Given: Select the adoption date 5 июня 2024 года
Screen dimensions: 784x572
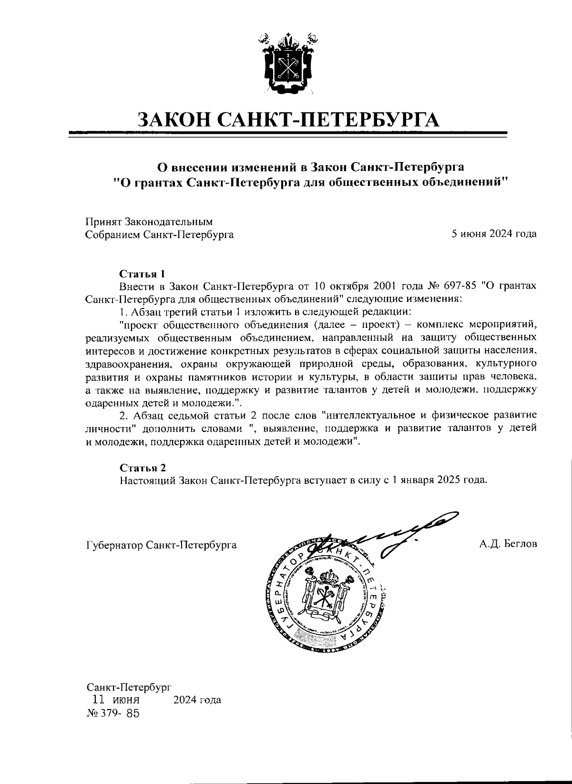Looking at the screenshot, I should pos(494,234).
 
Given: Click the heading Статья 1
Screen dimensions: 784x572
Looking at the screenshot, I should pos(142,274).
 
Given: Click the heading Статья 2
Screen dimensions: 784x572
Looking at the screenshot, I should pos(142,467).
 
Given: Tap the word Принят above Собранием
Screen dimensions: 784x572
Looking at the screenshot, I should pos(103,222).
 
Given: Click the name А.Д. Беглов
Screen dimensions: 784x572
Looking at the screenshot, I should pos(509,544).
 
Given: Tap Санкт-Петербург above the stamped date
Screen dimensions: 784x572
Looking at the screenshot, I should pos(128,687).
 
